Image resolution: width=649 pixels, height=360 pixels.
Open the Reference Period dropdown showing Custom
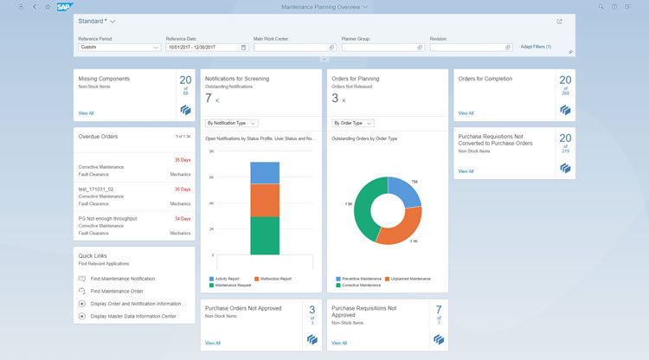[x=119, y=47]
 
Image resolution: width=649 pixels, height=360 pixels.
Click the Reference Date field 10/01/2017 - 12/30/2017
[x=206, y=47]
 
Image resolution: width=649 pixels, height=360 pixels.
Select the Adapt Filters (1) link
[x=536, y=47]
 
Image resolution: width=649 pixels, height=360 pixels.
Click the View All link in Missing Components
[x=86, y=112]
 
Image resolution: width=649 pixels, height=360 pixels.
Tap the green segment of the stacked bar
[x=265, y=235]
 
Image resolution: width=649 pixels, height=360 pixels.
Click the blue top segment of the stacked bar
[x=265, y=172]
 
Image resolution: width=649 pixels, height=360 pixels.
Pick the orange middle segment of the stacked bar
[x=265, y=200]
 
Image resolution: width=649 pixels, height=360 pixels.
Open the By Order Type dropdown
[x=353, y=123]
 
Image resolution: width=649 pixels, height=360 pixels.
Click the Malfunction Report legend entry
[x=273, y=279]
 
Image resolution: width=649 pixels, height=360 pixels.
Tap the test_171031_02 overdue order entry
[x=96, y=189]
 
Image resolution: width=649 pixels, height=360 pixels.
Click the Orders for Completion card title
[x=485, y=79]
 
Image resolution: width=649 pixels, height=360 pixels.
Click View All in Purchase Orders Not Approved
[x=213, y=343]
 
